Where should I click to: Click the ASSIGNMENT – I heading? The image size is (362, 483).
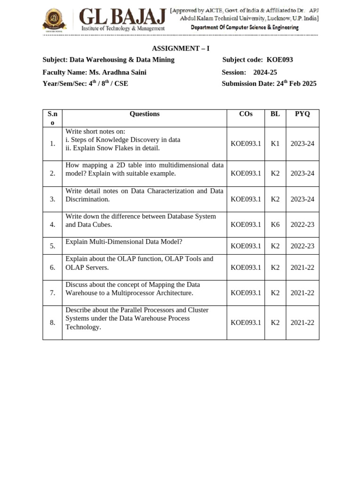181,49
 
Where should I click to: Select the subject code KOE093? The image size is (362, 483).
280,60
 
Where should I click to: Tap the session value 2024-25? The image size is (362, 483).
265,72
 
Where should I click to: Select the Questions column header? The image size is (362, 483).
144,114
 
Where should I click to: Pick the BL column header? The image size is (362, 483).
275,114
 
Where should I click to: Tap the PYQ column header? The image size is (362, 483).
302,114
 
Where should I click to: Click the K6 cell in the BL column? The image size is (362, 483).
275,225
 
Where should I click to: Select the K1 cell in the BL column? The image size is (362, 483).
275,143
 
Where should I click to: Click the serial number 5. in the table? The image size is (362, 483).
52,246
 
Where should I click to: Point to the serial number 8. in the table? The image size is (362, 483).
52,323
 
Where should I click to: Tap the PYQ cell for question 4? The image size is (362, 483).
302,225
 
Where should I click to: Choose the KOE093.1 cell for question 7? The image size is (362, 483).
246,293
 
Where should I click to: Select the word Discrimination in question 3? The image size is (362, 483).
87,200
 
